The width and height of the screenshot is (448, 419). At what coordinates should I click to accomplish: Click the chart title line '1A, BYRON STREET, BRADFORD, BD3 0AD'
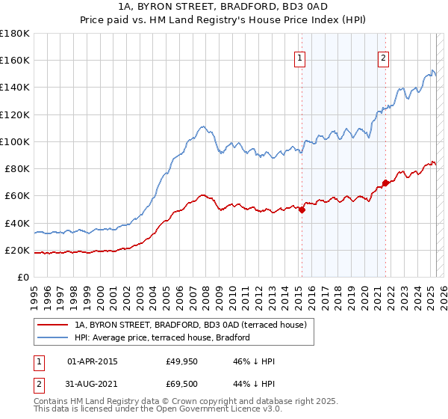click(223, 7)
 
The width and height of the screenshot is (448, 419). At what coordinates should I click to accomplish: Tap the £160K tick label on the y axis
click(16, 60)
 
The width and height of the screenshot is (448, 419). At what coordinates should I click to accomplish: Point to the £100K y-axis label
click(16, 141)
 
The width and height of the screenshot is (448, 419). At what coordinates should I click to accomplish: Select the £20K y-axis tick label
click(17, 250)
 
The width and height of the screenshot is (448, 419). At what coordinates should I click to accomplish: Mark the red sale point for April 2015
click(302, 209)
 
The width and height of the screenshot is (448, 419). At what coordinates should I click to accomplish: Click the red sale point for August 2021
click(385, 183)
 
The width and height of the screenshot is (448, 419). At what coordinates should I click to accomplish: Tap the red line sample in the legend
click(52, 325)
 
